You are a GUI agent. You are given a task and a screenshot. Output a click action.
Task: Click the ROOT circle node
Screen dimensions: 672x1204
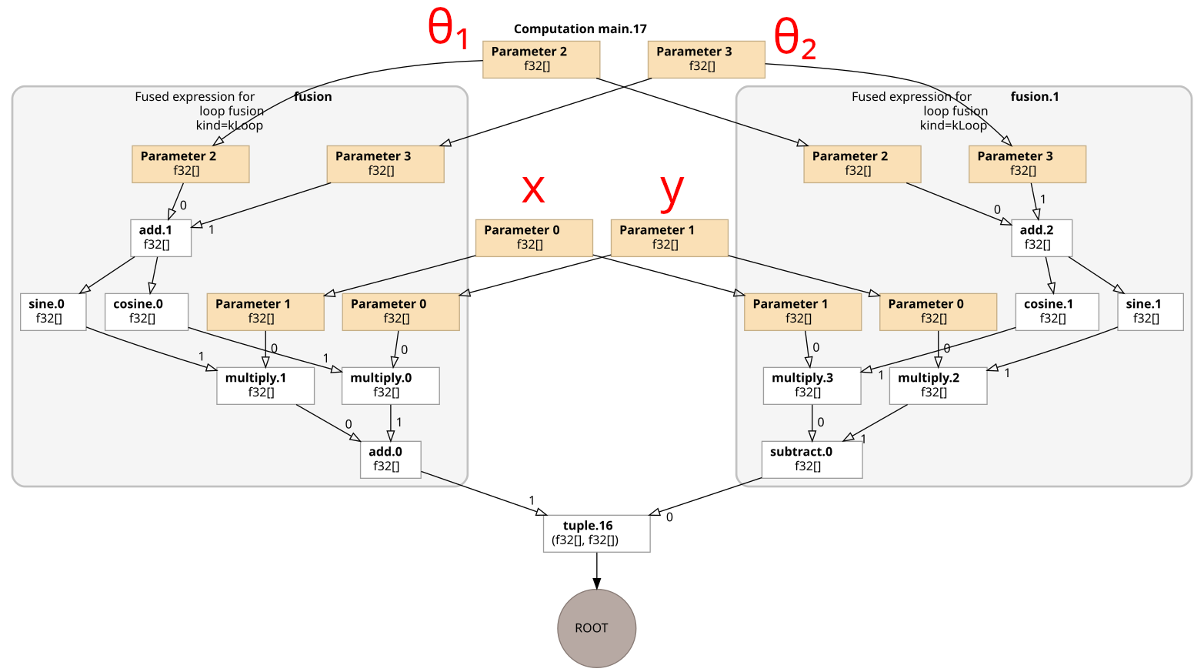[596, 628]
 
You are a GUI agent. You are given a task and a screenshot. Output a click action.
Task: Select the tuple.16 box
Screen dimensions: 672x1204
[596, 533]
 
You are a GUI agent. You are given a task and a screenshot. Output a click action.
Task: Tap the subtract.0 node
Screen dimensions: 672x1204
[812, 459]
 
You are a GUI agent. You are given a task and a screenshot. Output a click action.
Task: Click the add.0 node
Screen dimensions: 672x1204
[390, 459]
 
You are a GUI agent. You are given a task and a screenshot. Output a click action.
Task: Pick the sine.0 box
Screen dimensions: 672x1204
[53, 311]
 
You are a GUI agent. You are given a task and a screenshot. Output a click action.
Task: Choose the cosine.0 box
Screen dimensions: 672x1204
[146, 311]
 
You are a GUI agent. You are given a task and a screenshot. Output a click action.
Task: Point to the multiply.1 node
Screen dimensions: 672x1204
[265, 385]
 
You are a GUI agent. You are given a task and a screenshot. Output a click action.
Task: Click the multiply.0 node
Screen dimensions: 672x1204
[390, 385]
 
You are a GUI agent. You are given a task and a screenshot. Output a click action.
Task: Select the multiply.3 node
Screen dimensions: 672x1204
[812, 385]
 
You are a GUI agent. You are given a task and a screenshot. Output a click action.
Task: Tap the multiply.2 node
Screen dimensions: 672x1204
[938, 385]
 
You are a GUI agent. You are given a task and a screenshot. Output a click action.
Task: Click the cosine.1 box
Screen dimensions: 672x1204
[1057, 311]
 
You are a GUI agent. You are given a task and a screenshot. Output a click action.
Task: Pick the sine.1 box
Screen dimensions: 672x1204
[1150, 311]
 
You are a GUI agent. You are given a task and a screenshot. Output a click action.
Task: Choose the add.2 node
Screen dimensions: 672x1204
[1041, 237]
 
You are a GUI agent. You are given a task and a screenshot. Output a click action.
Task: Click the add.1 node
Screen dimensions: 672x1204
[161, 237]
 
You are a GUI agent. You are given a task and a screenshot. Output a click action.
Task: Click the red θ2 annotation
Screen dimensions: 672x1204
[794, 38]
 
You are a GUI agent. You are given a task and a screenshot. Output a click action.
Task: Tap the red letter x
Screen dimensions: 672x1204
[533, 188]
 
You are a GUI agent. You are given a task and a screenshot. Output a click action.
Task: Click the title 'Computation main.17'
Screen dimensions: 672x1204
[580, 29]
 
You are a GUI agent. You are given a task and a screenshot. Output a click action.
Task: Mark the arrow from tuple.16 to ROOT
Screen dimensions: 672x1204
[596, 570]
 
